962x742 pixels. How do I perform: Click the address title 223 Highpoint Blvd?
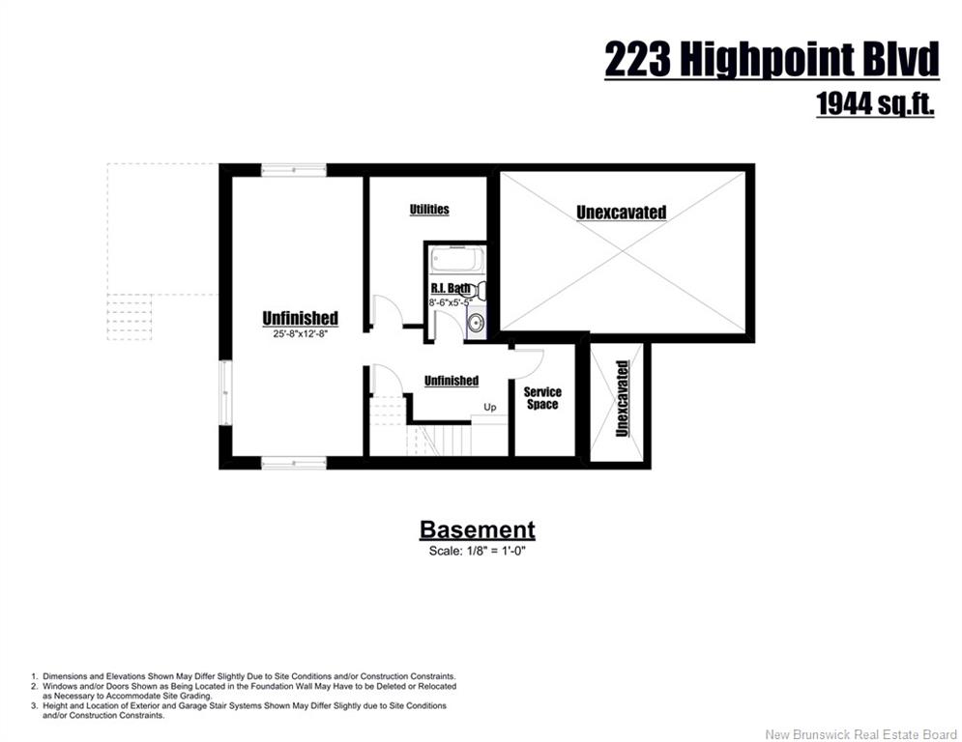772,60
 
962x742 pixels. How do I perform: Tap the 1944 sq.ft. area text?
876,103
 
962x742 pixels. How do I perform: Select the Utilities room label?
429,209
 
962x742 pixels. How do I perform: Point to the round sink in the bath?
476,322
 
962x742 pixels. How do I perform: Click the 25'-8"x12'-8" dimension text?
301,334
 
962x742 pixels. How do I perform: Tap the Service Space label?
542,398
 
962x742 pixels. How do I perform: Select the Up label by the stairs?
489,407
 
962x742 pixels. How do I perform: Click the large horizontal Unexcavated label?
622,213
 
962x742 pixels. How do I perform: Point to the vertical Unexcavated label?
622,399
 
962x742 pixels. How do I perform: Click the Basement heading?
478,529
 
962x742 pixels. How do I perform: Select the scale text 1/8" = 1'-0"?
478,551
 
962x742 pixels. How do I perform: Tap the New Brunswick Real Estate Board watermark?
860,734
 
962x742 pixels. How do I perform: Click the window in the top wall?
294,170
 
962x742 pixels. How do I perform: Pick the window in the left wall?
226,392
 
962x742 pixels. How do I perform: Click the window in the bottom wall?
294,463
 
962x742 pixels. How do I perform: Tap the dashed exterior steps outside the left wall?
130,317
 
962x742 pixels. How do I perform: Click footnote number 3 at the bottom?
35,706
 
